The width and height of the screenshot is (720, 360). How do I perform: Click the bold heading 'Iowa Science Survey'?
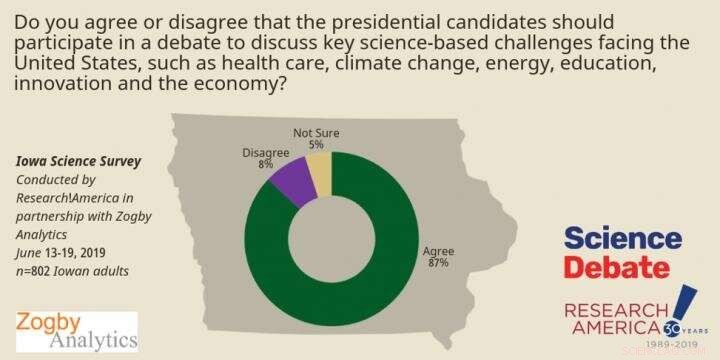pos(70,161)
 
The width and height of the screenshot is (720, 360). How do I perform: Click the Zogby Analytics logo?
pos(77,331)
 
